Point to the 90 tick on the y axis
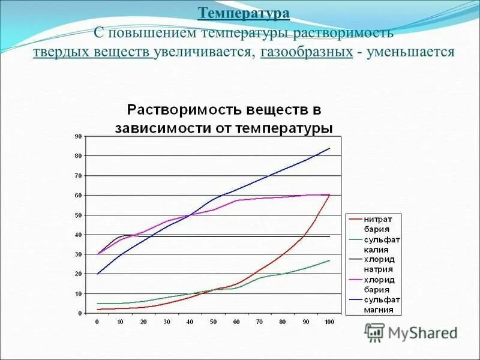[78, 137]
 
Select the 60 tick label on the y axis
[78, 196]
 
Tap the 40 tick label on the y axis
[78, 235]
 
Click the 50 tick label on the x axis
[214, 322]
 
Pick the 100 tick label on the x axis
[329, 322]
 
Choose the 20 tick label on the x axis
[144, 322]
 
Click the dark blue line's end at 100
[329, 148]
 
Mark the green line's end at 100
[329, 260]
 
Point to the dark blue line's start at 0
[98, 274]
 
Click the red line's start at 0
[98, 309]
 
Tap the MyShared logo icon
[374, 332]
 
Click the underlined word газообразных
[307, 52]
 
